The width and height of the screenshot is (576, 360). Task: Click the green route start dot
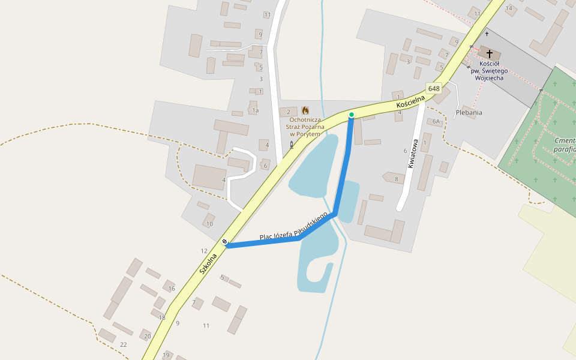352,115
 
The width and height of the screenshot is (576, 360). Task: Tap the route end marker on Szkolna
225,242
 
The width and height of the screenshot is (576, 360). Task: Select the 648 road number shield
434,89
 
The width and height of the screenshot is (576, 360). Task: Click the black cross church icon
490,54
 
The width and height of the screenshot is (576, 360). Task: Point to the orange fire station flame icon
305,110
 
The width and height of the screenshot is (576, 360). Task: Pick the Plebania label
469,112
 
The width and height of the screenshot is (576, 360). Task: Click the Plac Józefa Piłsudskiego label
294,226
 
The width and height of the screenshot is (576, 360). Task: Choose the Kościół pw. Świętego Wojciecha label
491,71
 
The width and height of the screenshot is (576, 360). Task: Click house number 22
124,344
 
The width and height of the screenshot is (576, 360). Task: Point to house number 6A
436,121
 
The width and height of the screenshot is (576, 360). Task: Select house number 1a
256,110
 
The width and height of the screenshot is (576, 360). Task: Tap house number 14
509,8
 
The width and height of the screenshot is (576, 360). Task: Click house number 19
166,355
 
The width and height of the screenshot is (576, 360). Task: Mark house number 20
148,336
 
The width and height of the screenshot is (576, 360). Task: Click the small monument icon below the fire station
292,145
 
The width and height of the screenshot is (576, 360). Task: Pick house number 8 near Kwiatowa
396,179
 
